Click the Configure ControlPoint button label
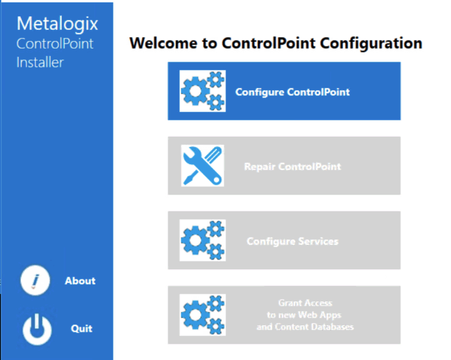(292, 92)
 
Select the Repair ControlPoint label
(292, 166)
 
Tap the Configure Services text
(292, 241)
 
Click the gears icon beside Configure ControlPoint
(203, 91)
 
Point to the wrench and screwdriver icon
(203, 165)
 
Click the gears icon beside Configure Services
(203, 241)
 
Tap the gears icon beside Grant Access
(203, 315)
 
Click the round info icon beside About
(35, 281)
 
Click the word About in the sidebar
(80, 281)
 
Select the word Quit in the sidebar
(82, 328)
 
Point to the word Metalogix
(57, 24)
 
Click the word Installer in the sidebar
(40, 62)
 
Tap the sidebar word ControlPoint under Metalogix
(55, 44)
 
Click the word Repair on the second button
(260, 166)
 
